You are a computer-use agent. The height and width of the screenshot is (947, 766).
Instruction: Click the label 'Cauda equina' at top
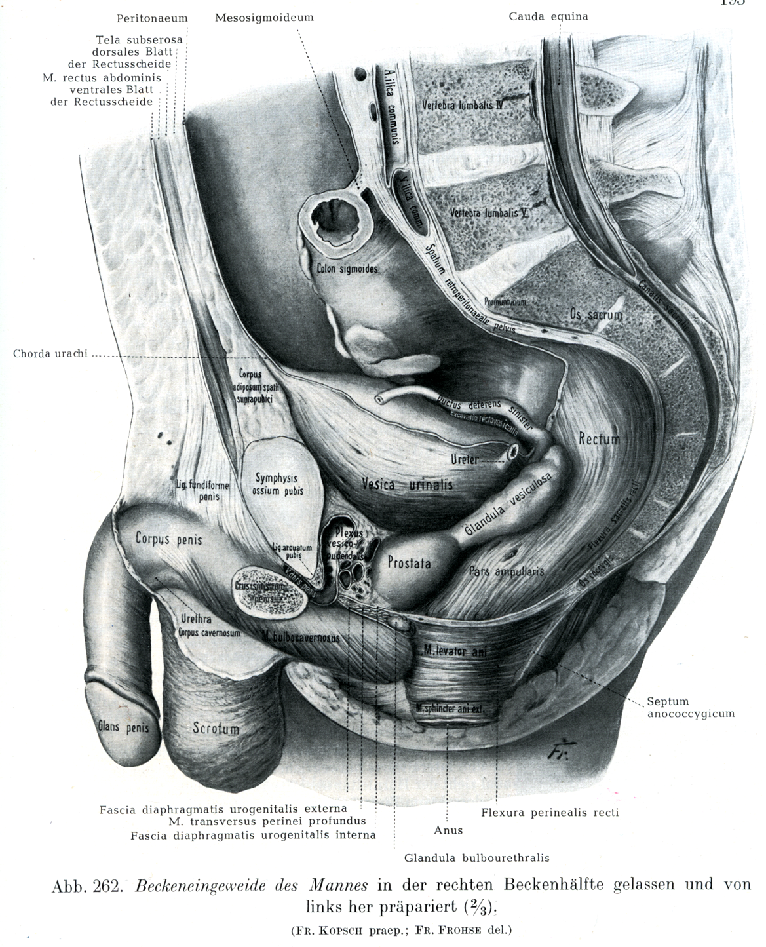[x=548, y=16]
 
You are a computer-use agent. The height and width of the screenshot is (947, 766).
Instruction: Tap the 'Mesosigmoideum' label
[x=264, y=18]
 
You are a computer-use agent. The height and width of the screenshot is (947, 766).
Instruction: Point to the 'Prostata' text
[x=409, y=562]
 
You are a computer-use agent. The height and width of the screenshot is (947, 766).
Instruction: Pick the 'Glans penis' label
[x=123, y=727]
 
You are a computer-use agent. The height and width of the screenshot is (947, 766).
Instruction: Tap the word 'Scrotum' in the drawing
[x=216, y=728]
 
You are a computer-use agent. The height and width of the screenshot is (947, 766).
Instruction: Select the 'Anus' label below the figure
[x=448, y=830]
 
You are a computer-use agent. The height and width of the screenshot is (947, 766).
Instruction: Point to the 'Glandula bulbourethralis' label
[x=476, y=857]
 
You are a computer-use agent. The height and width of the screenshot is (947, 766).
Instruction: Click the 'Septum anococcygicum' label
[x=691, y=707]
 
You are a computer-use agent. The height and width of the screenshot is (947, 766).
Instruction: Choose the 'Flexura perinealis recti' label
[x=550, y=813]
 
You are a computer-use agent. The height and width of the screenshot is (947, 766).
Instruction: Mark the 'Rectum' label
[x=599, y=439]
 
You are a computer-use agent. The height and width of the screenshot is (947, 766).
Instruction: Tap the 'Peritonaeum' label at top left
[x=152, y=18]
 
